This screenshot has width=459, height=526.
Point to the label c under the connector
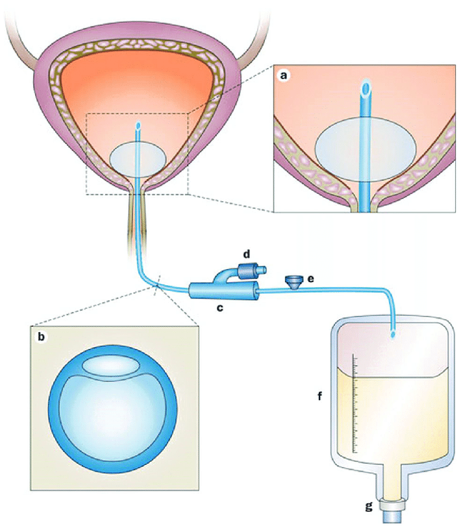[220, 307]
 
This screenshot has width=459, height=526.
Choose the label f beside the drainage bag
[320, 393]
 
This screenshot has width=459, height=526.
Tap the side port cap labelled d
[247, 269]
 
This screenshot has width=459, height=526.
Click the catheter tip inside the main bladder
[137, 125]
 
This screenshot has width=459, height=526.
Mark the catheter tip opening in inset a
[366, 86]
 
